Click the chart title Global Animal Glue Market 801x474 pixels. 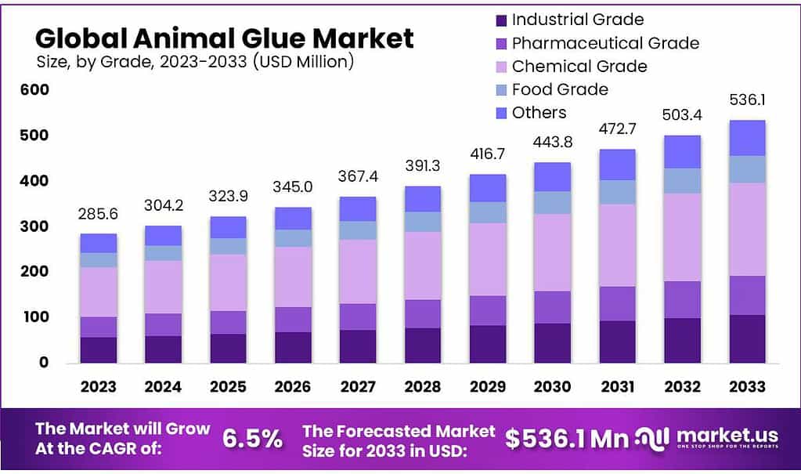(225, 38)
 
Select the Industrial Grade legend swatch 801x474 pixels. (501, 20)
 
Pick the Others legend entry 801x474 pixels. (539, 113)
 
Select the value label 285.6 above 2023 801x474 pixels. (98, 213)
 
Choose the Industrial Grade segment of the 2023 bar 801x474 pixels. (98, 349)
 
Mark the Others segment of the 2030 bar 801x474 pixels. (552, 177)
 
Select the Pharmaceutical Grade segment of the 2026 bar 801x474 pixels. (293, 319)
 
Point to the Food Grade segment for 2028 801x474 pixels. (423, 222)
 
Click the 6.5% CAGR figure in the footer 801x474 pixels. (252, 439)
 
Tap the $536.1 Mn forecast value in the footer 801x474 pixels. (565, 439)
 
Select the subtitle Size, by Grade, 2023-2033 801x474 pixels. (195, 62)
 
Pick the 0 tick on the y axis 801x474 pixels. (43, 363)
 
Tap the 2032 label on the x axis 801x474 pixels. (682, 386)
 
